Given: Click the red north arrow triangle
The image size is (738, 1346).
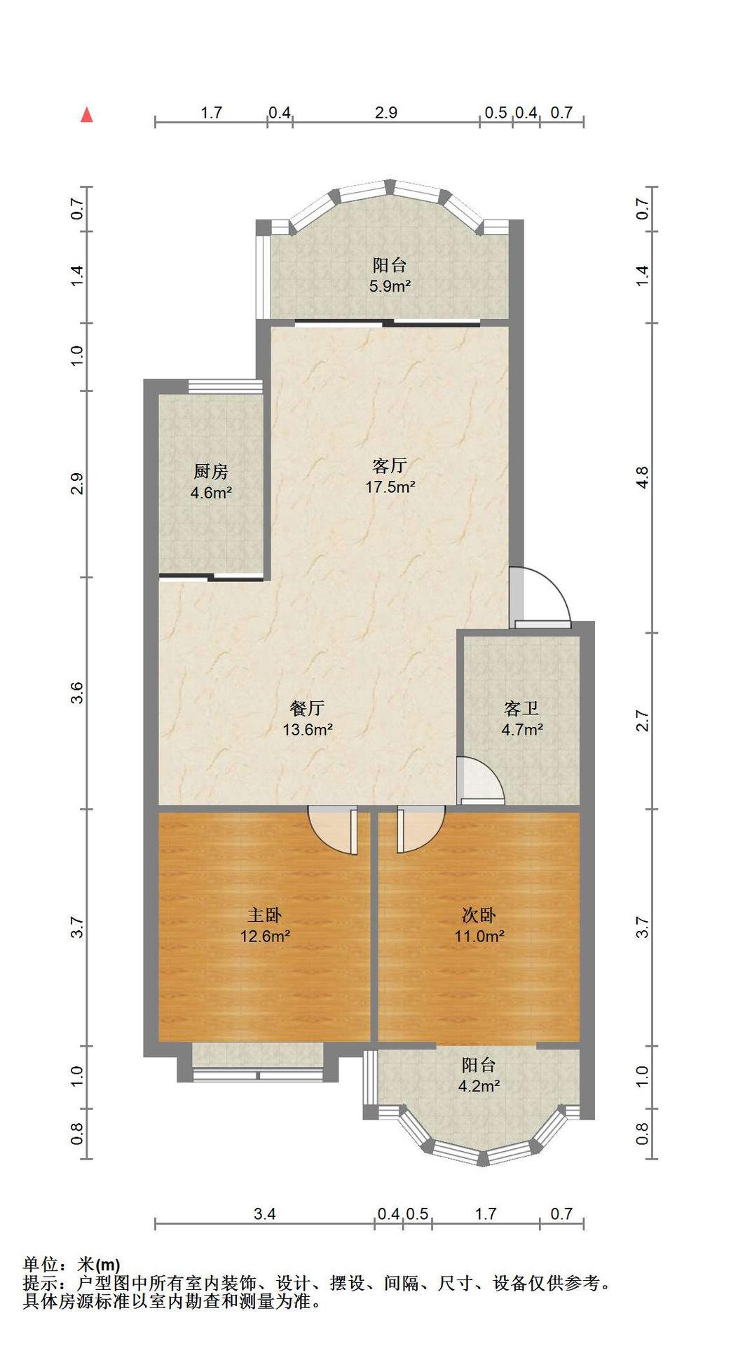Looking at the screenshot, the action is pos(87,115).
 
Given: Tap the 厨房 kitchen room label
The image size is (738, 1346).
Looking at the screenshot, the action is pos(211,472).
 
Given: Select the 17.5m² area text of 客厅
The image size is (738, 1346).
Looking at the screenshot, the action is pos(390,487).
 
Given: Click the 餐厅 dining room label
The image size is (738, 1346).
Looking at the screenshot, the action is pos(307,709).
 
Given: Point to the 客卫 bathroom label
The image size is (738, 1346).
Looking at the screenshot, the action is pos(521,709).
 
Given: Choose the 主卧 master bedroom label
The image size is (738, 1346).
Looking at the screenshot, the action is pos(265,916).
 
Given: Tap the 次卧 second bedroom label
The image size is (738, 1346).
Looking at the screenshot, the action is pos(479,916).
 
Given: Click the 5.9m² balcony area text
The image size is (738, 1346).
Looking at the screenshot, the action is pos(390,287).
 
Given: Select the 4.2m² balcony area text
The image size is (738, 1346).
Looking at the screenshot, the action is pos(479,1087).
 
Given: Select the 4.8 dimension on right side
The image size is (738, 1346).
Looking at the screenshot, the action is pos(643,478).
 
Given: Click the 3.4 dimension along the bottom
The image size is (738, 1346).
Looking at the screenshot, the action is pos(264,1214).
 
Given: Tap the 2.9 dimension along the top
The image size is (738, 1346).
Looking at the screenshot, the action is pos(386,112).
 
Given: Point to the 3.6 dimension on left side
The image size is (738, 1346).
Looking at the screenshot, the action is pos(77,693).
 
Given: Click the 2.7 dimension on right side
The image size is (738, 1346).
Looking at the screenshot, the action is pos(643,721).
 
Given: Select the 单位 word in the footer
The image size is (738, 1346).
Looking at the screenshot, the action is pos(40,1265).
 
